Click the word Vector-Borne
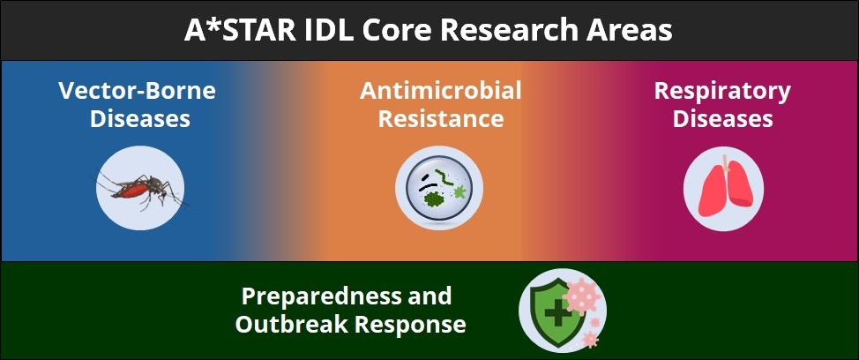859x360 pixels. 138,90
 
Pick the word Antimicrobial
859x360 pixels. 440,90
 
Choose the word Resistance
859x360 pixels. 441,119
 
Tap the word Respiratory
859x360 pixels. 722,92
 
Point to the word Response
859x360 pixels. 410,326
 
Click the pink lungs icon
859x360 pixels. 723,189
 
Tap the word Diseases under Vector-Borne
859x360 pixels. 140,119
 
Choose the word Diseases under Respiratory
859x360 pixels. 722,119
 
